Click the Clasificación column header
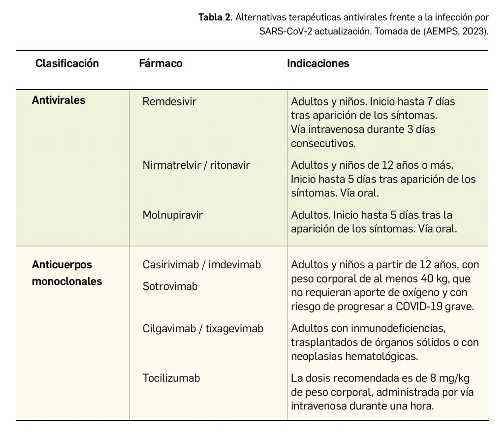[67, 63]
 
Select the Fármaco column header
[160, 63]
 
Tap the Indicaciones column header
[318, 63]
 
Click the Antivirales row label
[59, 100]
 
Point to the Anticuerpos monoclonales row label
[67, 273]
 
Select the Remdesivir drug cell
[169, 102]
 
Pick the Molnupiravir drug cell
[172, 215]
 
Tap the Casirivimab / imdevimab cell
[202, 265]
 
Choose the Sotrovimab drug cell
[170, 286]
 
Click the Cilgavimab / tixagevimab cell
[203, 328]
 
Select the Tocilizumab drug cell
[171, 378]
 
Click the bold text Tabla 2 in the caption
[214, 18]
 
